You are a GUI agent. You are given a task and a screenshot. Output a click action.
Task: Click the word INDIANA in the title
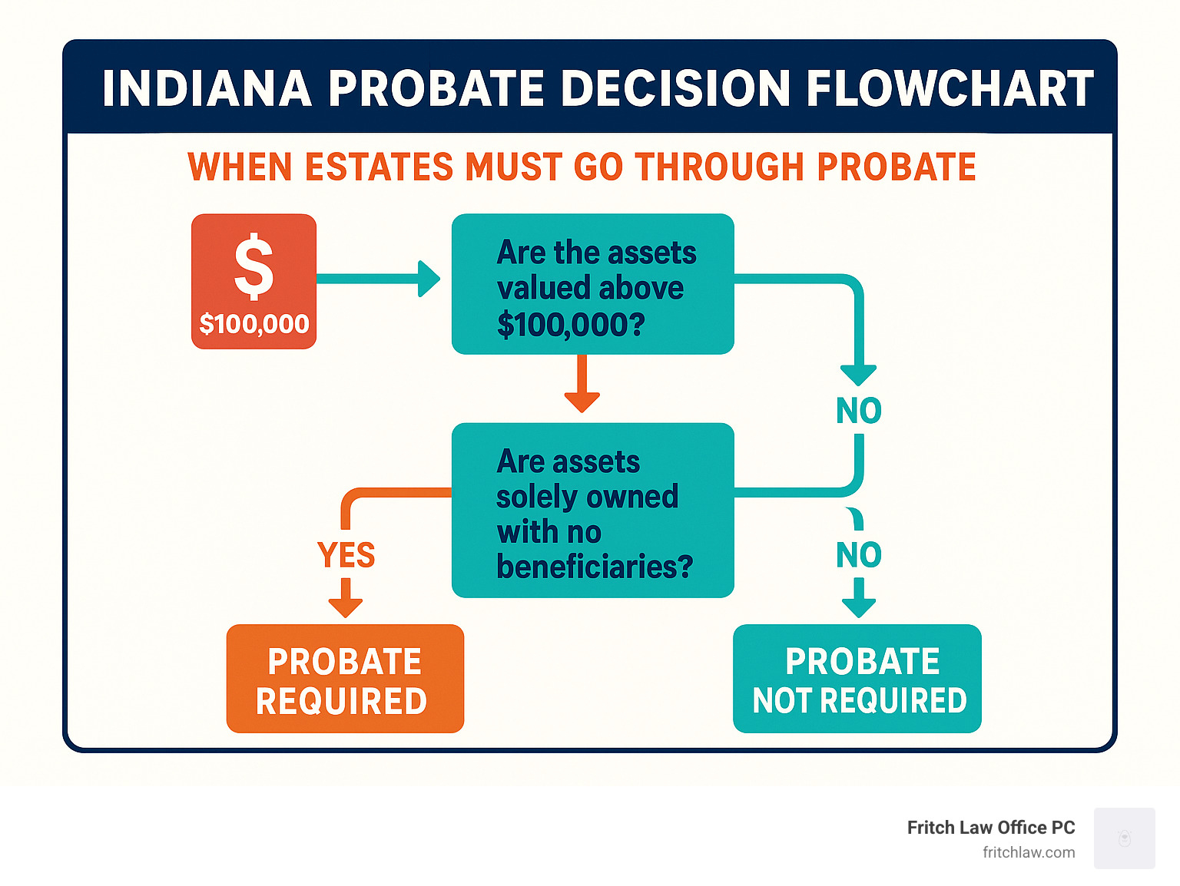207,88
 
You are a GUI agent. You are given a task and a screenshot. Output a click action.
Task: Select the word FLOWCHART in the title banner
950,88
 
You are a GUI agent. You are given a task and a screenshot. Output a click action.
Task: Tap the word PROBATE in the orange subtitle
897,167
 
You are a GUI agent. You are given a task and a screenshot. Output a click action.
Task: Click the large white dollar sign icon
254,266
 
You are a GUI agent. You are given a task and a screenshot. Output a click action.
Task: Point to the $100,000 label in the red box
254,324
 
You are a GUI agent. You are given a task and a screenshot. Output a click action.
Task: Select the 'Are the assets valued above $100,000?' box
593,284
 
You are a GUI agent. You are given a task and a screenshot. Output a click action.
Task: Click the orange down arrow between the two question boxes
582,384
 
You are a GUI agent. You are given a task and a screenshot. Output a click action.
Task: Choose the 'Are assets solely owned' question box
593,511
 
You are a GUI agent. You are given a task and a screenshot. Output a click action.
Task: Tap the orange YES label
346,555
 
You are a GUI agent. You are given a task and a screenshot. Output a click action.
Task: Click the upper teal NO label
859,411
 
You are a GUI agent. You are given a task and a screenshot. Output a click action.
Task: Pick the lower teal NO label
859,555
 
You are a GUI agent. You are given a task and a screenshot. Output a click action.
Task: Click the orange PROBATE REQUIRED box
345,679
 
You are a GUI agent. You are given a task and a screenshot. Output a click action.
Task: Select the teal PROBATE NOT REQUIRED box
857,679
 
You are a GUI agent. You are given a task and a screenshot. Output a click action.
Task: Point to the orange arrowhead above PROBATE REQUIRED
346,608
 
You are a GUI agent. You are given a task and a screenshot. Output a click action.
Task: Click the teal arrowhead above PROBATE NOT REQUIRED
859,608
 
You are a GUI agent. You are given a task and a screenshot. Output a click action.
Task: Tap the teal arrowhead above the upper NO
859,375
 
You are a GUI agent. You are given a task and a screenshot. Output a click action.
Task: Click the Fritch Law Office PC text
991,828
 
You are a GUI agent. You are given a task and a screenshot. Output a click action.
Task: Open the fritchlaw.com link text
1029,853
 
